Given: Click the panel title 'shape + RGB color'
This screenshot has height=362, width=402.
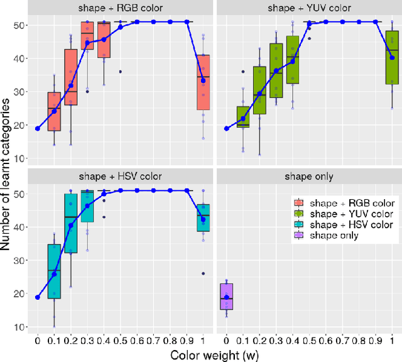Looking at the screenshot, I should (119, 8).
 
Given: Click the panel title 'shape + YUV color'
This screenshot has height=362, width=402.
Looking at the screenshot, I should (308, 8).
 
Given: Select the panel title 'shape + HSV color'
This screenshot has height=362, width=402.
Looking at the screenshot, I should (119, 175).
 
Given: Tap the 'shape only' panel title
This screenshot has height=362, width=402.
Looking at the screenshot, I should (308, 175).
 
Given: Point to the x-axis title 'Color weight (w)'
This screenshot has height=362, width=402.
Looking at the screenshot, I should (214, 354).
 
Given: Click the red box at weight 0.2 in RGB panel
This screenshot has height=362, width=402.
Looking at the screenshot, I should (70, 77).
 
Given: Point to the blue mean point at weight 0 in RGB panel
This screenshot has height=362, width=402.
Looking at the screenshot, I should (38, 128).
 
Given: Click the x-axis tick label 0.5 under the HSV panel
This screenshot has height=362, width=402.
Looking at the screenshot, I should (120, 339).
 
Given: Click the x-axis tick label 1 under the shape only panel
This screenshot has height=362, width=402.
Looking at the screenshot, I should (392, 339).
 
